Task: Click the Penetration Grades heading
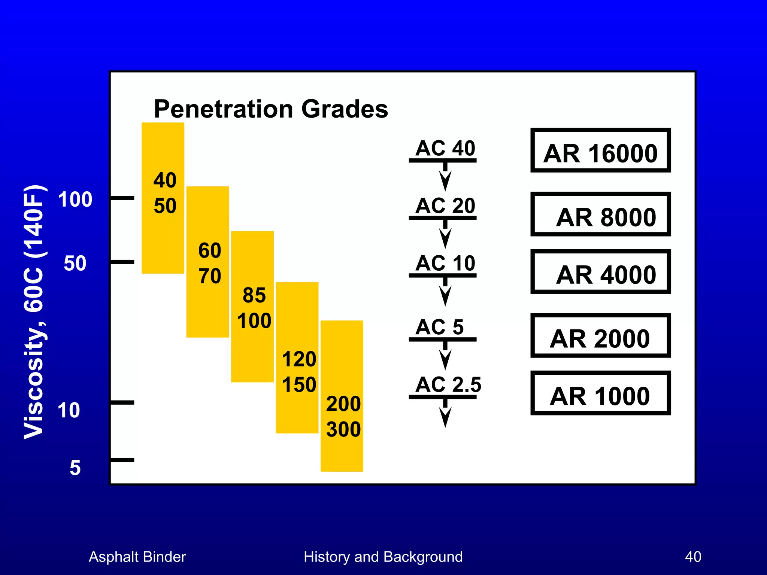pos(271,109)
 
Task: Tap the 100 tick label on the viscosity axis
pos(75,199)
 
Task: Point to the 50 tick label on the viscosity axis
pos(75,263)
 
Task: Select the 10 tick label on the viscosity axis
pos(69,410)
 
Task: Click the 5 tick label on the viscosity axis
pos(75,468)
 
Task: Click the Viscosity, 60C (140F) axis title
pos(34,311)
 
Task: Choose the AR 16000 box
pos(600,150)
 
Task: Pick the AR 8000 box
pos(600,215)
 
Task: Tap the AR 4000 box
pos(600,272)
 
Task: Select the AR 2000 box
pos(600,336)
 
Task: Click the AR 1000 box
pos(600,393)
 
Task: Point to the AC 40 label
pos(445,148)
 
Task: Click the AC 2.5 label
pos(448,384)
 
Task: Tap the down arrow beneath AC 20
pos(445,236)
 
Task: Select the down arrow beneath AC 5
pos(445,357)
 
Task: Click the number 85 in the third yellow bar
pos(254,295)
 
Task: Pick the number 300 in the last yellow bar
pos(343,429)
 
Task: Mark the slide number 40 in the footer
pos(693,557)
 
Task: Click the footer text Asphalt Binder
pos(137,557)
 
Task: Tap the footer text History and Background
pos(383,557)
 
